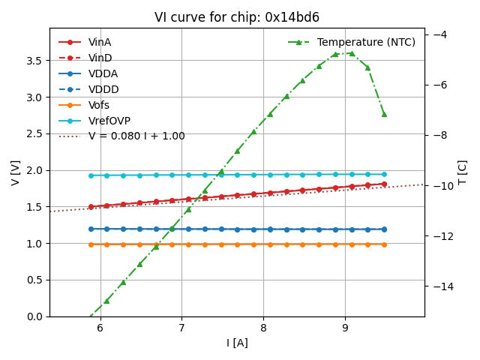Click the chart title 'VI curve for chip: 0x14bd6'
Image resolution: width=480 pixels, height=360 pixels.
236,17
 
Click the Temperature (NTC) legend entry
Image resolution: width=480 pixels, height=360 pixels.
366,42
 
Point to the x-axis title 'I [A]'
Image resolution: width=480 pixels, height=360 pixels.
237,343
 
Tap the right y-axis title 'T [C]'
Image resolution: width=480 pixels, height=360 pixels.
463,172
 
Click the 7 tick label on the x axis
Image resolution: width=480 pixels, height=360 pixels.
181,328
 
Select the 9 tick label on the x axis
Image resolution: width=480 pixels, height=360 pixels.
345,328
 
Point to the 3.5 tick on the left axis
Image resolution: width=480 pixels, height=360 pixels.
34,61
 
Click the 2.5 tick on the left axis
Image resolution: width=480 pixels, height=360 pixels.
34,133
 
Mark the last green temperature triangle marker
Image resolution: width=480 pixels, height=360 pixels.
384,114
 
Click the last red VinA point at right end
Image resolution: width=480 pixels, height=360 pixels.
384,184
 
